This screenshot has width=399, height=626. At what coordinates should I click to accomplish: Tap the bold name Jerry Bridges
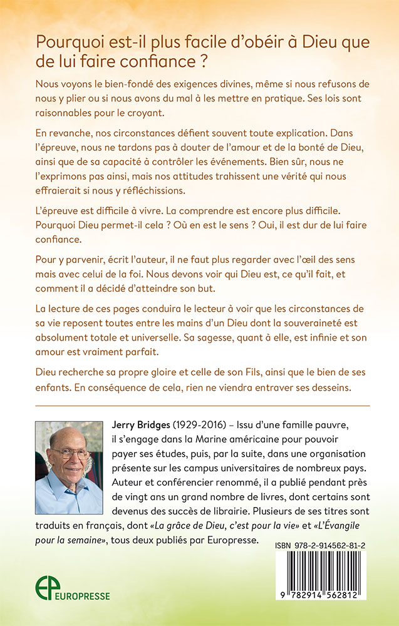coord(151,425)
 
